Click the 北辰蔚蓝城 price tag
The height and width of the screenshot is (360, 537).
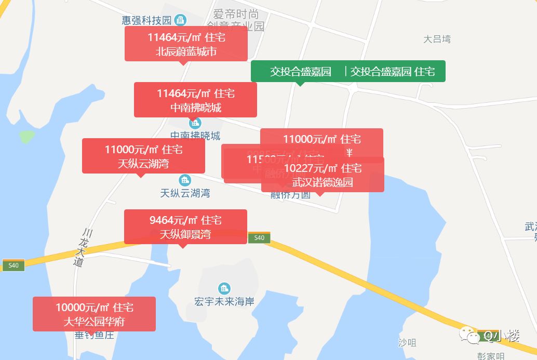click(x=186, y=44)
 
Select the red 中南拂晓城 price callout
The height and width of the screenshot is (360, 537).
click(x=195, y=100)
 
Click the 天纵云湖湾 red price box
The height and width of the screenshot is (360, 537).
click(x=143, y=156)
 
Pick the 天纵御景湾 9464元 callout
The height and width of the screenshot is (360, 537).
click(x=185, y=226)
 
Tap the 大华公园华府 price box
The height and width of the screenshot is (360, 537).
click(x=94, y=314)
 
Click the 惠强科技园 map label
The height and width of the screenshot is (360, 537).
click(x=146, y=20)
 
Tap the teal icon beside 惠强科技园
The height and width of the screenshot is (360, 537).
click(x=181, y=20)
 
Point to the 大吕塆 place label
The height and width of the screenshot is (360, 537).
click(x=437, y=39)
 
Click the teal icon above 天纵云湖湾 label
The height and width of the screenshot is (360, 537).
click(x=185, y=181)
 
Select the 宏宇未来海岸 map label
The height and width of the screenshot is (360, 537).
click(x=224, y=301)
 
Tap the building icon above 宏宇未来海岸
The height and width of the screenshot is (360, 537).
click(x=224, y=288)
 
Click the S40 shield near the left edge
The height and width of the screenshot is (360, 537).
click(x=14, y=265)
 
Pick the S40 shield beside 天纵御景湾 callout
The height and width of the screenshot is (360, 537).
click(x=259, y=237)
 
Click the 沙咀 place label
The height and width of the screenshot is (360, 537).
click(x=407, y=343)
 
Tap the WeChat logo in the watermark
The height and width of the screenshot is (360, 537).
click(x=473, y=336)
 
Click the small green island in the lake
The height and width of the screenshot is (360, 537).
click(x=27, y=137)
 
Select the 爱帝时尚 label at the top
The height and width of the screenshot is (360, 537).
click(x=236, y=15)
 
